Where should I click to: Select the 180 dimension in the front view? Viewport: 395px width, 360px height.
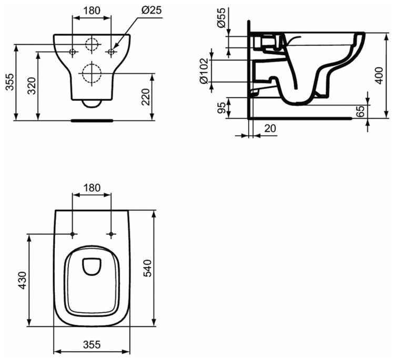[x=92, y=10]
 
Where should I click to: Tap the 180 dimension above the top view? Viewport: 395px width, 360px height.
[x=92, y=188]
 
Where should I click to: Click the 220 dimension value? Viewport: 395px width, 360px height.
[x=147, y=96]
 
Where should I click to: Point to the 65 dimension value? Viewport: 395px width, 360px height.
[x=376, y=112]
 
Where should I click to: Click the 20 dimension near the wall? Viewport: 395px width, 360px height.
[x=269, y=128]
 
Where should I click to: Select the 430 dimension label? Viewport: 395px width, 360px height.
[x=21, y=281]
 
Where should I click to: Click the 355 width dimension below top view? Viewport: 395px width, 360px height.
[x=92, y=345]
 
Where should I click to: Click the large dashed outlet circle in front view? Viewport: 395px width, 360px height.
[x=92, y=73]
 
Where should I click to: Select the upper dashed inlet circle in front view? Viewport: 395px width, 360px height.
[x=92, y=44]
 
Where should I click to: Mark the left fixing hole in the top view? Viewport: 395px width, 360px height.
[x=73, y=233]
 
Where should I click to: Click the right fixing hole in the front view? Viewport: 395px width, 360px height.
[x=111, y=52]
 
